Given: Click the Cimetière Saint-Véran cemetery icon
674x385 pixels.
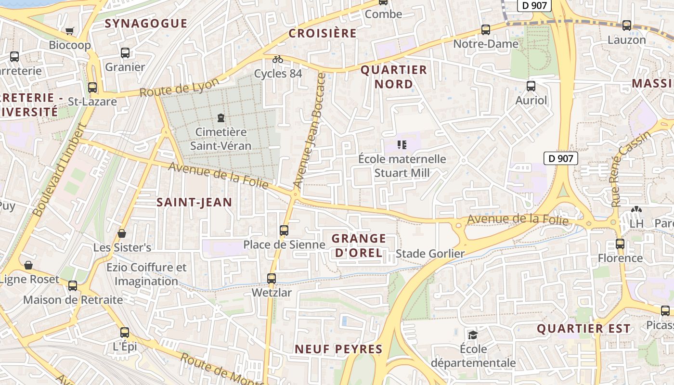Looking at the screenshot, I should coord(221,117).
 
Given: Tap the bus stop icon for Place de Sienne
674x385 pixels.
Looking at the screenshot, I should coord(284,230).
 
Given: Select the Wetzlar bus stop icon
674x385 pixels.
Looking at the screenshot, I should coord(272,278).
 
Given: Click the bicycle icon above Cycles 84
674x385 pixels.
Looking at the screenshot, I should coord(278,59).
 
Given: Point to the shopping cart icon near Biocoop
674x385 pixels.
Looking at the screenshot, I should coord(70,31).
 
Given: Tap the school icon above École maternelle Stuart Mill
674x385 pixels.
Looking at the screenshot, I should coord(402,144).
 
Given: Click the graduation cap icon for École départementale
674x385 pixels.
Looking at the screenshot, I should coord(473,334).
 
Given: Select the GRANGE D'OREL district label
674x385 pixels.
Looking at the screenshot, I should coord(359,245).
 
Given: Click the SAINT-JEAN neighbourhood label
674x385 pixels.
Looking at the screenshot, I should coord(194,202).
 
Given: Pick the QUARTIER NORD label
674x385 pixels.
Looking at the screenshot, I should coord(394,77).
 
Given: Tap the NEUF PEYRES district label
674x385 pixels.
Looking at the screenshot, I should coord(338,349).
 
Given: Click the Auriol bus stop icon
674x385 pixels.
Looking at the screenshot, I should coord(531,86).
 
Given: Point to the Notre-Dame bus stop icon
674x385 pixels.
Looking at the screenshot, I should coord(486,30).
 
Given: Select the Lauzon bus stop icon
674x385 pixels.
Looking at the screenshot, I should coord(626,26).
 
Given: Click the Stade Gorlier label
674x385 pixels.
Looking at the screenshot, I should coord(430,254).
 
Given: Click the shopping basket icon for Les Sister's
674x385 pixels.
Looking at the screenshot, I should coord(122,233).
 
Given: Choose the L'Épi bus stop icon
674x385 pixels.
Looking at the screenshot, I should coord(125,332).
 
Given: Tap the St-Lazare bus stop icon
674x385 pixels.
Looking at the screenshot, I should coord(92,88).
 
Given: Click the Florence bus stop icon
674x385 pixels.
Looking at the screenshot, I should coord(620,244).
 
